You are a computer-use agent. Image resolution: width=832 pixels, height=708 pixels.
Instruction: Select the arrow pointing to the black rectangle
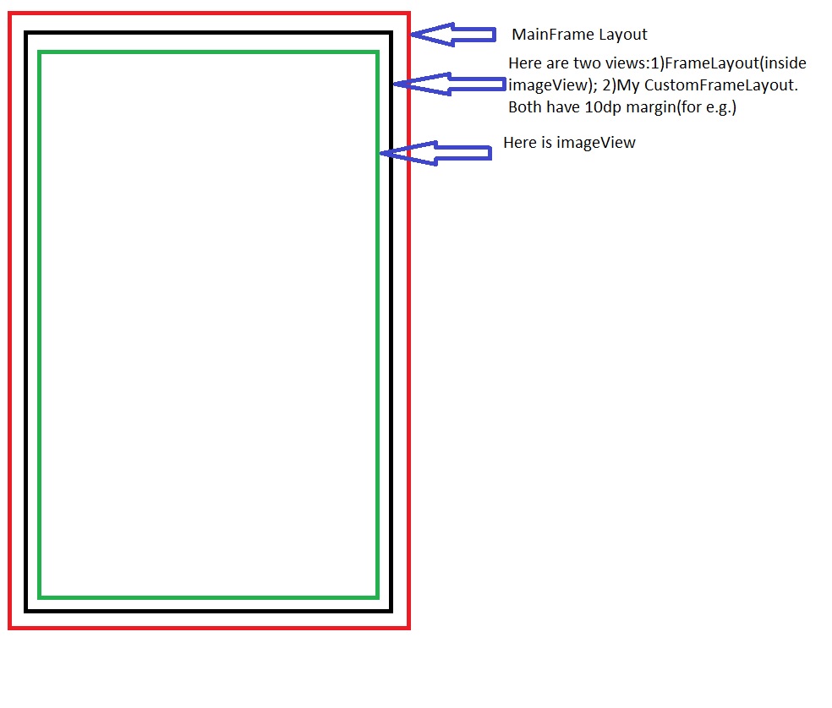coord(448,83)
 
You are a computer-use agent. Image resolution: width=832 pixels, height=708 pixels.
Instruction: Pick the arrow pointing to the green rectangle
coord(435,153)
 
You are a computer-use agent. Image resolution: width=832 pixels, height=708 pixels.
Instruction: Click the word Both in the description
coord(523,107)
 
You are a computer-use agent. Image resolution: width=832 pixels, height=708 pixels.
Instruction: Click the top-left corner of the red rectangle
coord(10,14)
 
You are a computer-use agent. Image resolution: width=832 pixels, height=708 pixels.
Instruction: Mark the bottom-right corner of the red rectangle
coord(408,628)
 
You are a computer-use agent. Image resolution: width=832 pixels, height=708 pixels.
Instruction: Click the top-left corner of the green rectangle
coord(40,52)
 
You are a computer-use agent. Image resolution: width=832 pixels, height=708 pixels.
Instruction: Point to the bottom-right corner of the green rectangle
coord(377,596)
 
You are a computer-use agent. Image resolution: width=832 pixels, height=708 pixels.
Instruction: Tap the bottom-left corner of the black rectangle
coord(27,610)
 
